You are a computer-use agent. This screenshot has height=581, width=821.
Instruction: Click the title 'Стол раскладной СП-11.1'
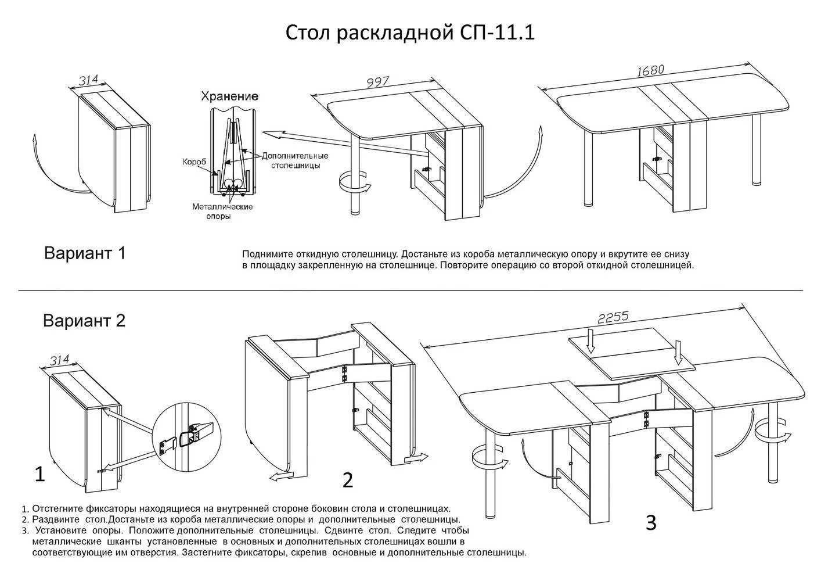tap(410, 33)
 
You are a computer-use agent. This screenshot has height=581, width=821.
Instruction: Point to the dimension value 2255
tap(613, 317)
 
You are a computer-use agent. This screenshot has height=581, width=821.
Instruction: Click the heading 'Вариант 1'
tap(85, 253)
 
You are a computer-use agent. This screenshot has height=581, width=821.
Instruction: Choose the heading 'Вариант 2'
tap(84, 321)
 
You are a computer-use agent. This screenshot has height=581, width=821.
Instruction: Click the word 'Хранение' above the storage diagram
tap(229, 96)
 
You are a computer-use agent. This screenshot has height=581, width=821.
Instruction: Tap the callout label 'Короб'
tap(194, 162)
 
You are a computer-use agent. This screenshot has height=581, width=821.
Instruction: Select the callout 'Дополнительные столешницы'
tap(294, 160)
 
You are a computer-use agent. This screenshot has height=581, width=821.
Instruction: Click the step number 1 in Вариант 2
tap(39, 474)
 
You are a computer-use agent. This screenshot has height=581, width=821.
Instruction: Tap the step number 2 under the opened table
tap(347, 480)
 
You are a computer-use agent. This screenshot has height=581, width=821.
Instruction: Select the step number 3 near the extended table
tap(651, 522)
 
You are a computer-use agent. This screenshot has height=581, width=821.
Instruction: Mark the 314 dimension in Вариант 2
tap(59, 361)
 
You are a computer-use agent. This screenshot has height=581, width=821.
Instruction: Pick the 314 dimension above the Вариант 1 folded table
tap(89, 80)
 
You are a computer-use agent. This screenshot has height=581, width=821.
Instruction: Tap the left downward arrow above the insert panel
tap(590, 341)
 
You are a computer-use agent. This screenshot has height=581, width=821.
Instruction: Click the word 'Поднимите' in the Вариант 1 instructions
tap(264, 254)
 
